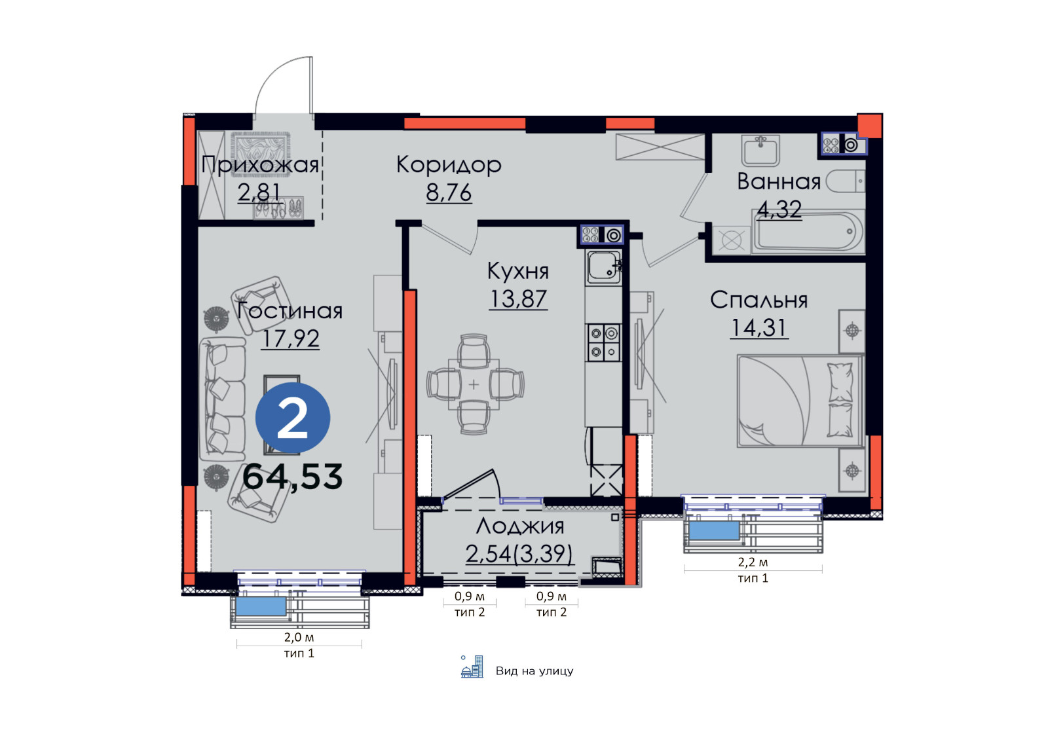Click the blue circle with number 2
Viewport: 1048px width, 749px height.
click(292, 418)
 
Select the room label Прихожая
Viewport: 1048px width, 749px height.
click(259, 164)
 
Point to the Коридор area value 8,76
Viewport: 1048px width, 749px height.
click(449, 192)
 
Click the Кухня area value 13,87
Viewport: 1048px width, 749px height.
click(518, 299)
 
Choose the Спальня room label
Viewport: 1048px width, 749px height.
click(759, 300)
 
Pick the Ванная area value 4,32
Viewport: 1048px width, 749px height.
click(779, 210)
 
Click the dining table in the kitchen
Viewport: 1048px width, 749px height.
click(474, 384)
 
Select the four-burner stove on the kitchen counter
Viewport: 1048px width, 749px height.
click(603, 342)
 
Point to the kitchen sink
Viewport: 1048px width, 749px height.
click(603, 268)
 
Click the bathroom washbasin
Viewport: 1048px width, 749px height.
click(760, 151)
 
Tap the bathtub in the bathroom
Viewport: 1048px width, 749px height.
click(809, 232)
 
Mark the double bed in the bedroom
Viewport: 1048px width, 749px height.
click(800, 401)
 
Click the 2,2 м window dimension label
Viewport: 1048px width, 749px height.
click(753, 562)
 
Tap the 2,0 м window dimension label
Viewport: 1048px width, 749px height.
click(299, 637)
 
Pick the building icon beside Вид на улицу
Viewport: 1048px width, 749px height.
click(472, 667)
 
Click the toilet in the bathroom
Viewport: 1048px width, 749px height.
click(846, 181)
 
